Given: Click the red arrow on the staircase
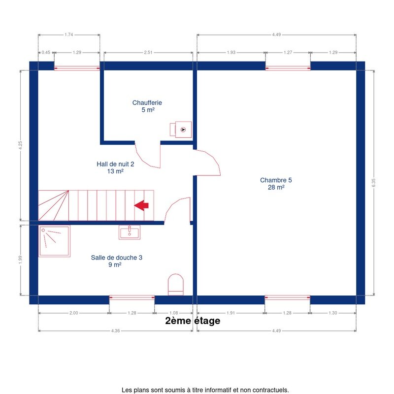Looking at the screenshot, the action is (141, 205).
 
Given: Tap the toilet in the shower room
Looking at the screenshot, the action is (176, 285).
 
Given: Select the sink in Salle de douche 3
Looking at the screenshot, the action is (130, 232).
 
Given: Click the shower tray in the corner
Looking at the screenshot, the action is (54, 241).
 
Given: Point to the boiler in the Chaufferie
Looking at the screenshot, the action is (181, 130).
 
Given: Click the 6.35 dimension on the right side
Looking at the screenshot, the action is (373, 182).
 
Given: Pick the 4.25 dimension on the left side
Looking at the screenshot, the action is (20, 145).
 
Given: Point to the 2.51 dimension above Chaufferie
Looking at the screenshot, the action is (148, 53).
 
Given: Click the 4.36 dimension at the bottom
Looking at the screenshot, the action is (116, 330).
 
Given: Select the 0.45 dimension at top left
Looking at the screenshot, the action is (46, 53).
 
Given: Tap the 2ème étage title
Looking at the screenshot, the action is (193, 321).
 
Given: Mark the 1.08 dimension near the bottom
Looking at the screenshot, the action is (174, 313).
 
